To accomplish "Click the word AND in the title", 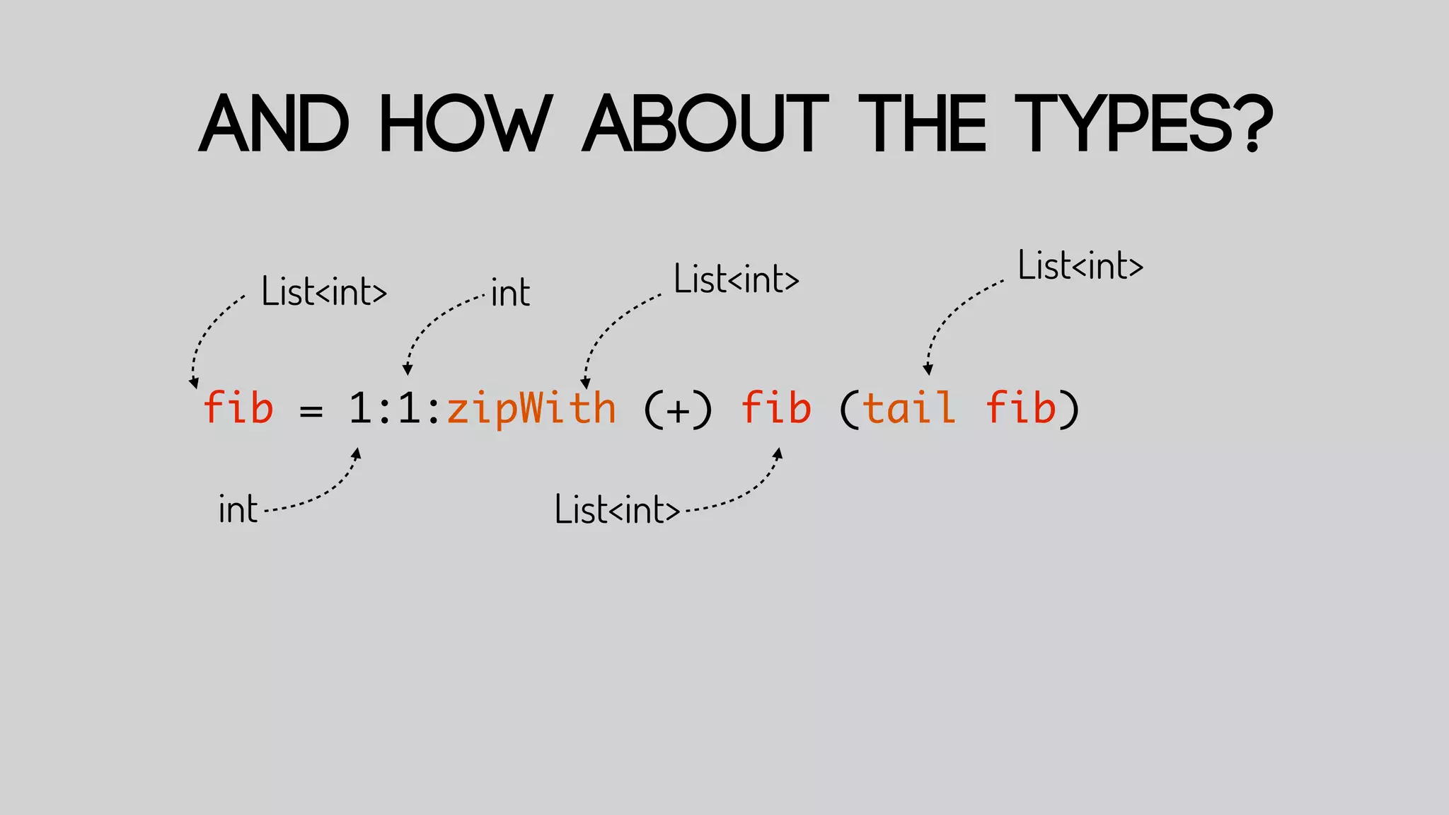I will pos(274,125).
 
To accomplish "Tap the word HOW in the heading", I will pos(465,125).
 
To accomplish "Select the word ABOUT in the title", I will pos(705,125).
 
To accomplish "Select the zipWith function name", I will pos(531,409).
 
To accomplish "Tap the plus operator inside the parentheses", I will pos(678,411).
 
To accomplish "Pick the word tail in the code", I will pos(909,408).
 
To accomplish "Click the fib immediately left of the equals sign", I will pos(238,408).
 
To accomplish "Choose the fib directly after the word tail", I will pos(1021,408).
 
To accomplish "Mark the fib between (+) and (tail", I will pos(776,408).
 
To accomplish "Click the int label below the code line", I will pos(238,509).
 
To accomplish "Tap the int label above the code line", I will pos(510,292).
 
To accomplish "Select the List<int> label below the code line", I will pos(617,509).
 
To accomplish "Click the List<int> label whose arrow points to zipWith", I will pos(736,279).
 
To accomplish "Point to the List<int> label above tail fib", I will pos(1080,266).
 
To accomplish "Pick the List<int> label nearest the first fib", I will pos(324,291).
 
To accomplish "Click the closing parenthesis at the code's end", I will pos(1070,410).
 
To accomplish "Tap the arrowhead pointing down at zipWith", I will pos(585,384).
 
